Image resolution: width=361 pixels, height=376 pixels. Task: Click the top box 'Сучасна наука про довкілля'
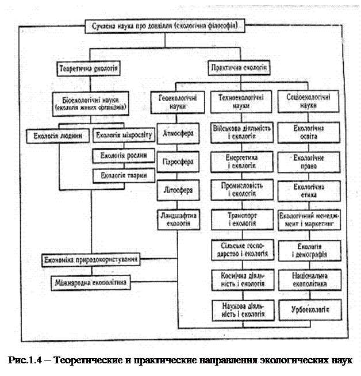167,26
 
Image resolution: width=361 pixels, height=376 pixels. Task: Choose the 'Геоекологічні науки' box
179,102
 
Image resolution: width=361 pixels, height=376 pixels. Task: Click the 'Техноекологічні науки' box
241,102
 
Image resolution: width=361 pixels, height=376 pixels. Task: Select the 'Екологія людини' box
58,137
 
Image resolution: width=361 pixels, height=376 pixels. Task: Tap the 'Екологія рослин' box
124,156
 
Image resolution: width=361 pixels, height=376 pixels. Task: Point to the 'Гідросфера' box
178,162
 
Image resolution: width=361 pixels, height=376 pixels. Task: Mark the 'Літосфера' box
178,190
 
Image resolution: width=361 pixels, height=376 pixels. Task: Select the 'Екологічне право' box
306,162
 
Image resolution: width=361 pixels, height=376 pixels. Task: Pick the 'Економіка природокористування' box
92,260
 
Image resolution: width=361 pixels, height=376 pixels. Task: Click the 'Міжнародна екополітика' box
92,283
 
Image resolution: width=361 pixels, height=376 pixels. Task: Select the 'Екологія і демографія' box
306,251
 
